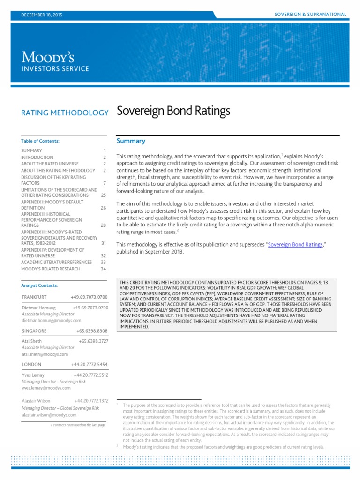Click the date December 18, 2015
coord(42,15)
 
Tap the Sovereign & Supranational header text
coord(310,15)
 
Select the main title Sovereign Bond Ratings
coord(173,111)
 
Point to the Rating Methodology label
coord(65,112)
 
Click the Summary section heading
coord(131,141)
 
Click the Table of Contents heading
coord(40,141)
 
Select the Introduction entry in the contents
coord(37,157)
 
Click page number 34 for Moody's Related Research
coord(103,269)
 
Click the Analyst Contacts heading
coord(40,285)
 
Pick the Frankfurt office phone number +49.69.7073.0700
coord(89,297)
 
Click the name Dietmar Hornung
coord(39,308)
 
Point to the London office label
coord(31,364)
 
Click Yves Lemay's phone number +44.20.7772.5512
coord(91,375)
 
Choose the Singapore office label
coord(34,330)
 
